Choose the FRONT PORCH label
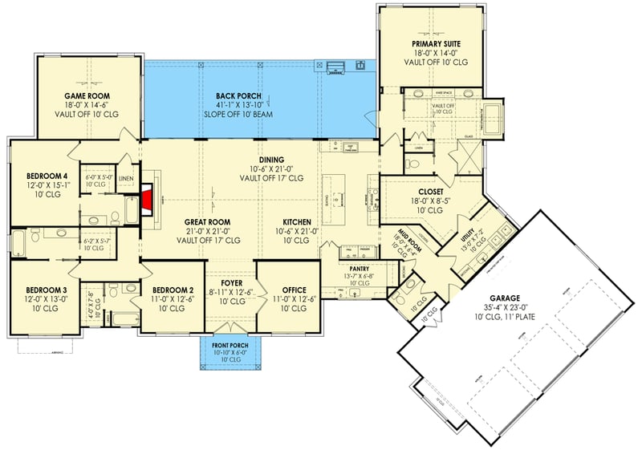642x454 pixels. pyautogui.click(x=230, y=344)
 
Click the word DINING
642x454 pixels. pyautogui.click(x=272, y=160)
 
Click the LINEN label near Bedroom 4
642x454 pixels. pyautogui.click(x=124, y=177)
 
